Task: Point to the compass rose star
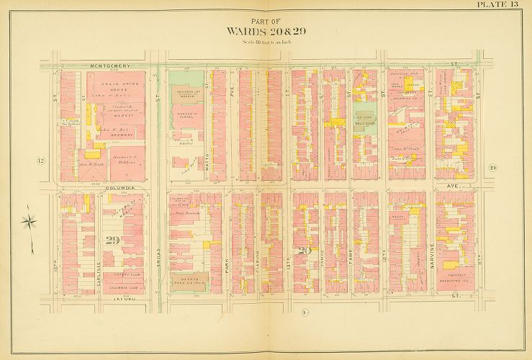click(x=28, y=219)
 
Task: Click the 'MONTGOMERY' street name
click(x=110, y=66)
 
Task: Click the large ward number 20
click(x=306, y=251)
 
